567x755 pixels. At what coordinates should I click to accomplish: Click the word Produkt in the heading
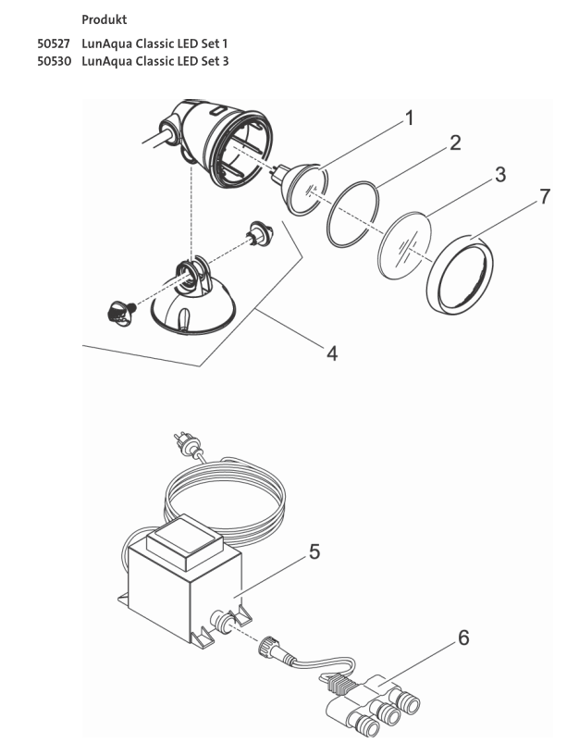[105, 19]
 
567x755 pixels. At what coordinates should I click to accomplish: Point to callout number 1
[408, 119]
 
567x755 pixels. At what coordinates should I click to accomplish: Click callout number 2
[454, 144]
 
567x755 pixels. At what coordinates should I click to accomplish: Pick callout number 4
[331, 353]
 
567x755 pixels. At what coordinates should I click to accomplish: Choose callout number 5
[314, 551]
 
